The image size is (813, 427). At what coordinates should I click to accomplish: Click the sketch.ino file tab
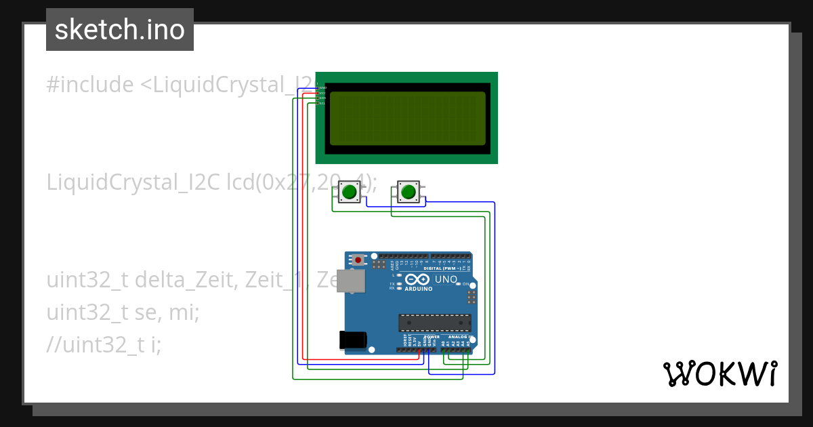tap(120, 30)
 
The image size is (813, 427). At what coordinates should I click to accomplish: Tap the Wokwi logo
tap(720, 373)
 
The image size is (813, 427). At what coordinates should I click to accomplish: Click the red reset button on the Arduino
tap(358, 260)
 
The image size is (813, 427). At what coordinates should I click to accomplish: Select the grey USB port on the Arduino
tap(351, 282)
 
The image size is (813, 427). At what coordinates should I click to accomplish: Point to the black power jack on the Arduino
tap(353, 340)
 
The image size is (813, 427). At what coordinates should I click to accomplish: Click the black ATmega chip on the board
tap(434, 324)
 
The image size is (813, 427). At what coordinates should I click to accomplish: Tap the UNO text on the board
tap(446, 279)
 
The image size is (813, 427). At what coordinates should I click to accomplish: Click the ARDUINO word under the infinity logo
tap(418, 289)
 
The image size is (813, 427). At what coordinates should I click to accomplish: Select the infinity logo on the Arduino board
tap(417, 279)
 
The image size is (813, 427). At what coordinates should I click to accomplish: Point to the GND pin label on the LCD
tap(322, 88)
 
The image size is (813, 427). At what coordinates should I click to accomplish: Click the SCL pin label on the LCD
tap(322, 103)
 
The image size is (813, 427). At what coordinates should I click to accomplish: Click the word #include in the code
tap(90, 85)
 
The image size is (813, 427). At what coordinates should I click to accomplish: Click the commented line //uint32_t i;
tap(104, 345)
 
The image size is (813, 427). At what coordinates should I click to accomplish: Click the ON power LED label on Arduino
tap(465, 284)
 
